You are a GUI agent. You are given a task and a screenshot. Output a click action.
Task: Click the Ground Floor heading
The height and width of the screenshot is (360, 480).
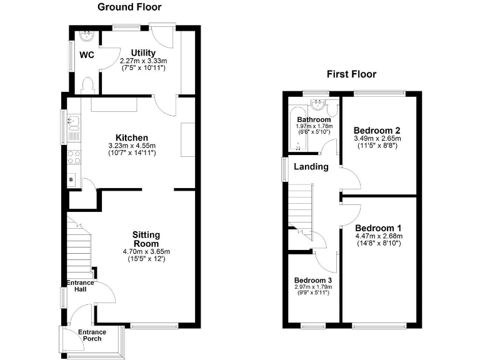[129, 7]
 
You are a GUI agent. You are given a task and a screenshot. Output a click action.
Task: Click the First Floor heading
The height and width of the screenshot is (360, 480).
[352, 74]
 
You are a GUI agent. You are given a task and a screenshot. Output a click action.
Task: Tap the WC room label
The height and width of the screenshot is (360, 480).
[86, 55]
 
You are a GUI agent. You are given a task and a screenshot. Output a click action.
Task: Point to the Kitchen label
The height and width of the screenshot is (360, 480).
[131, 138]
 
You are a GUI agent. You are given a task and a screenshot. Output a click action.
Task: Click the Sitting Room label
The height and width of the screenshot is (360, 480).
[146, 239]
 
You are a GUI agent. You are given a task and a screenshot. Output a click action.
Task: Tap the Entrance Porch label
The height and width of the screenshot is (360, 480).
[92, 336]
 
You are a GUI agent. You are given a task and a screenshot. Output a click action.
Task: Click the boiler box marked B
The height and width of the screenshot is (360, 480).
[71, 180]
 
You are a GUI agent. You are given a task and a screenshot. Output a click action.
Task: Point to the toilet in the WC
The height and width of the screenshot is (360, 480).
[87, 84]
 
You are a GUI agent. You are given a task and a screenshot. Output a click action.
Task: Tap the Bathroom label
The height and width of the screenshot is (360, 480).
[314, 119]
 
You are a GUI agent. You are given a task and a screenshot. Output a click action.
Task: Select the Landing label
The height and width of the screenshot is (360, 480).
[311, 167]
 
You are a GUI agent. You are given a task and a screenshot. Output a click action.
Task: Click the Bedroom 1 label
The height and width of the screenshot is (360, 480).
[378, 228]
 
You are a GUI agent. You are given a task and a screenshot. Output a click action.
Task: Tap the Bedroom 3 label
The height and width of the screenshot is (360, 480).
[312, 279]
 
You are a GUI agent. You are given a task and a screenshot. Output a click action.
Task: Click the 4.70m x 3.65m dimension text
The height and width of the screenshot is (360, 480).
[146, 252]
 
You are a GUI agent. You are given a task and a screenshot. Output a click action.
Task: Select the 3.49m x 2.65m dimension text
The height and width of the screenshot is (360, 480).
[377, 138]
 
